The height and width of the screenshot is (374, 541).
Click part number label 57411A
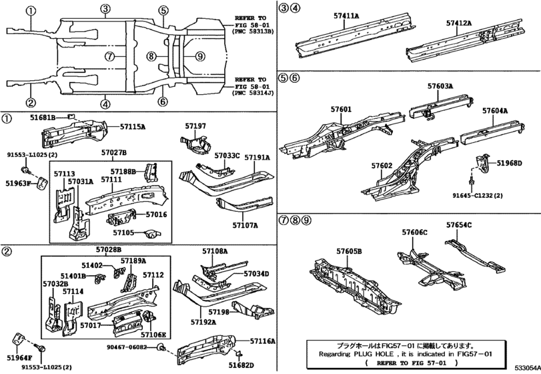point(346,15)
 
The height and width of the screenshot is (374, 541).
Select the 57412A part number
point(459,23)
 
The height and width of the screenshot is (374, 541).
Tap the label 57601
point(341,110)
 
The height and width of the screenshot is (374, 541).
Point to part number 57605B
point(349,251)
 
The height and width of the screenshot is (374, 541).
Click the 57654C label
point(459,225)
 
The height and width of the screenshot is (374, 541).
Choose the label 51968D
point(509,163)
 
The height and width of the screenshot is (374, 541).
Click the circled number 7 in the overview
point(109,56)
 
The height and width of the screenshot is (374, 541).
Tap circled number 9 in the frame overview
point(200,56)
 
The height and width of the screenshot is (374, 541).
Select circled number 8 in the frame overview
point(151,56)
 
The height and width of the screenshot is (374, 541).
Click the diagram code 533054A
point(528,368)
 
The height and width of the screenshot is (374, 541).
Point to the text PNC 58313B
point(253,31)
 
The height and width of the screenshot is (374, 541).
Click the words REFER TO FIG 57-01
point(412,363)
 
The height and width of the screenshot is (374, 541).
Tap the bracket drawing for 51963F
point(42,183)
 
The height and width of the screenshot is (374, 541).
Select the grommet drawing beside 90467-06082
point(161,347)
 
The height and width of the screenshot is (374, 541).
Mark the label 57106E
point(153,335)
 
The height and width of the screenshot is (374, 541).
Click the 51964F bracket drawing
point(18,339)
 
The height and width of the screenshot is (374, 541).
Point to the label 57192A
point(203,322)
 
